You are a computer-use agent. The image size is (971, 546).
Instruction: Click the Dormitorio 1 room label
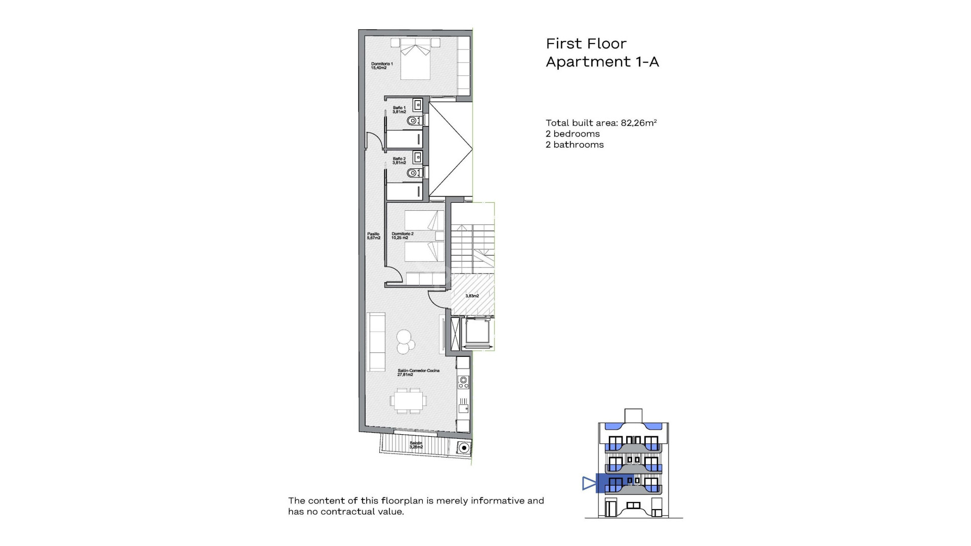click(x=381, y=66)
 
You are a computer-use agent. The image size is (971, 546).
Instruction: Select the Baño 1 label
click(x=399, y=110)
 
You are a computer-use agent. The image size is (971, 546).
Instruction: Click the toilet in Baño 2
click(x=413, y=173)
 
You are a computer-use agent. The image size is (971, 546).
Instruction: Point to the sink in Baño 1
click(x=418, y=105)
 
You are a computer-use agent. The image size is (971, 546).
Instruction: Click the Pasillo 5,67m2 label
click(x=373, y=236)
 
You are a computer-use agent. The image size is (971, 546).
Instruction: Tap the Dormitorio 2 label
click(x=402, y=236)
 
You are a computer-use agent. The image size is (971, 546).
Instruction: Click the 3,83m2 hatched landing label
click(x=472, y=296)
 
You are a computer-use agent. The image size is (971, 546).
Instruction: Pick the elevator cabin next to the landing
click(x=478, y=332)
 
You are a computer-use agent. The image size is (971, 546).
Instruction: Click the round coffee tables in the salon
click(x=405, y=342)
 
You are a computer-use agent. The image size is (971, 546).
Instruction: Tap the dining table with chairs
click(x=408, y=401)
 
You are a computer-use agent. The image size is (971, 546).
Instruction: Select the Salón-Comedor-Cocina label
click(x=418, y=373)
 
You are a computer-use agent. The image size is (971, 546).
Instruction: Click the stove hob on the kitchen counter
click(x=463, y=383)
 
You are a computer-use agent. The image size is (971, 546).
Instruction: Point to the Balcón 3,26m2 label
click(x=416, y=445)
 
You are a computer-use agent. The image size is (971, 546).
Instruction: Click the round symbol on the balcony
click(x=463, y=448)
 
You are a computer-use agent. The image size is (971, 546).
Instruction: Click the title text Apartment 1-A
click(x=602, y=62)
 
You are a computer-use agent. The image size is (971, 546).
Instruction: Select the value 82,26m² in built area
click(x=638, y=123)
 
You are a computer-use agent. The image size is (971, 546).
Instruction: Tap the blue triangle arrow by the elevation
click(x=589, y=483)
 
